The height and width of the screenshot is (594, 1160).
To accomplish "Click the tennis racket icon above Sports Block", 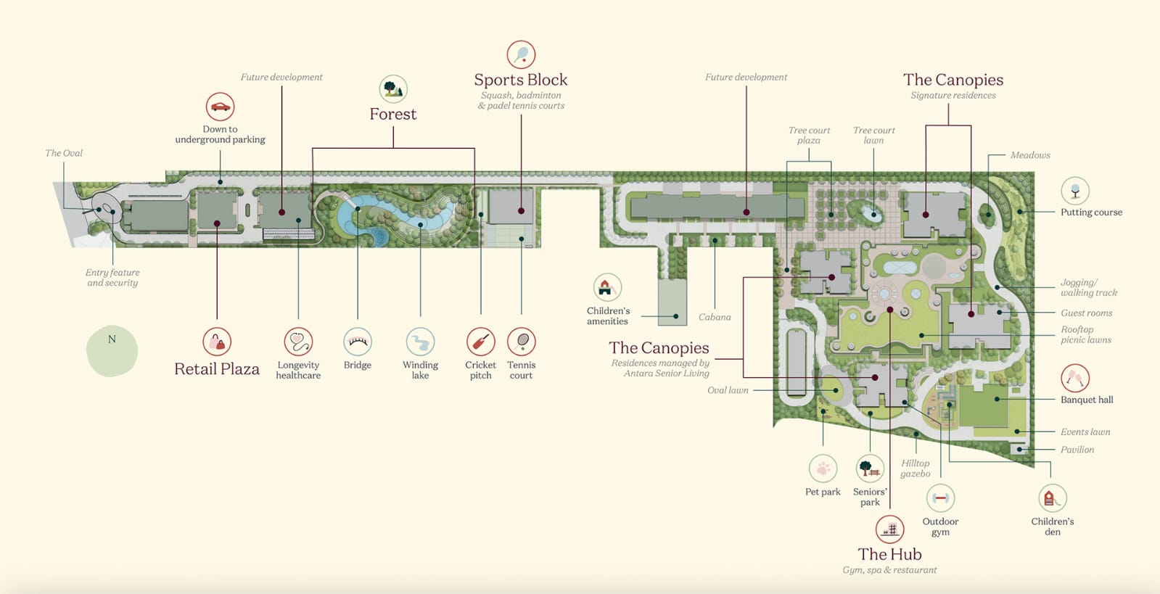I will click(521, 54).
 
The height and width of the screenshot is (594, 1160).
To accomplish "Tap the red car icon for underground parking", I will click(220, 107).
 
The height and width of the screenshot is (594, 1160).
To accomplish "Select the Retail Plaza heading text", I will click(217, 369).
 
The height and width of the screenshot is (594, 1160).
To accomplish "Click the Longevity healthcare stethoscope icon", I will click(298, 341).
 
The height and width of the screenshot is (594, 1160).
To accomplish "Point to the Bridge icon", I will click(357, 341).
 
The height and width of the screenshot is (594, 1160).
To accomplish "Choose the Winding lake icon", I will click(420, 341).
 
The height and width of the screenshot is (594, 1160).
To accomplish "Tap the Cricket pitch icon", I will click(480, 341).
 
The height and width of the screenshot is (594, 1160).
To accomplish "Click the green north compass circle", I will click(112, 351).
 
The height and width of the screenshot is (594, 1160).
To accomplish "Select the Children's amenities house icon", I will click(607, 287).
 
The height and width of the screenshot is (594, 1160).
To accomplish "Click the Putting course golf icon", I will click(1074, 191).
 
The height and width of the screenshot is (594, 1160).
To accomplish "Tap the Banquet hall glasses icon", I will click(1074, 378).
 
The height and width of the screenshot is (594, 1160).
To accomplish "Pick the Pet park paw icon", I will click(823, 469).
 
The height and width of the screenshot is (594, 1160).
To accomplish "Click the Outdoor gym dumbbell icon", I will click(940, 498).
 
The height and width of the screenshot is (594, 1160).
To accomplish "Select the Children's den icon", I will click(1052, 498).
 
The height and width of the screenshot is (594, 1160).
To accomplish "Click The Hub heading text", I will click(889, 554).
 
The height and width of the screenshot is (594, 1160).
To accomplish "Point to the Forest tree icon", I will click(393, 89).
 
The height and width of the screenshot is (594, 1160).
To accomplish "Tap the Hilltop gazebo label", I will click(915, 469).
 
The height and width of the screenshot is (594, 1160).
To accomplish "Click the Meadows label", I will click(1029, 155).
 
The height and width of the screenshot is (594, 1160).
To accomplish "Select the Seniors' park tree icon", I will click(869, 469).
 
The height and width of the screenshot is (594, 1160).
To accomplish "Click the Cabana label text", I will click(715, 317).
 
